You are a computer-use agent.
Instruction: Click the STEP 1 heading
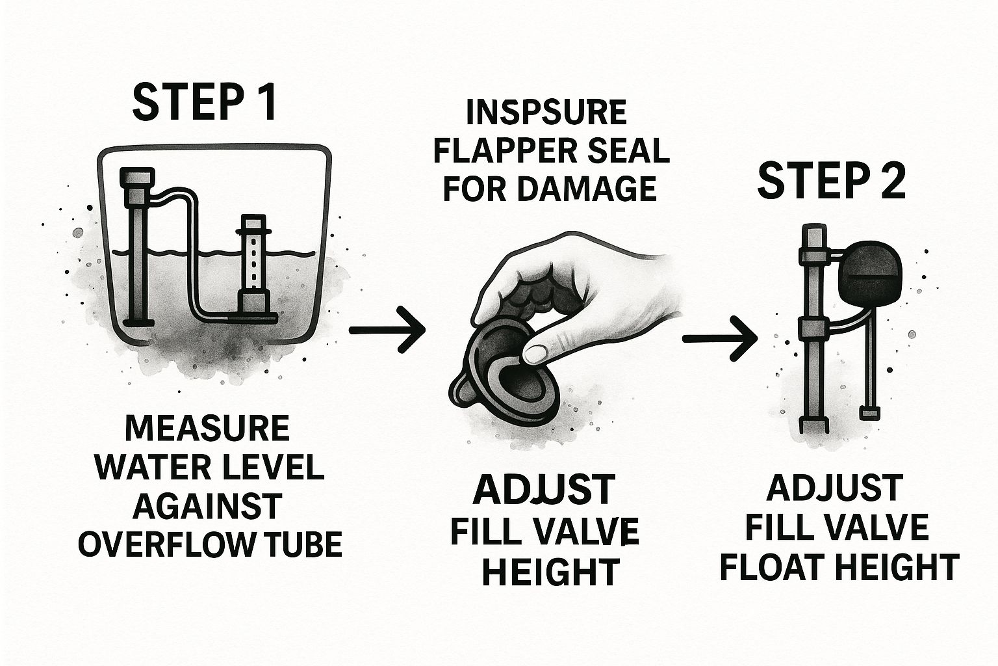point(205,102)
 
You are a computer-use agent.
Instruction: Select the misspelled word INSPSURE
point(546,113)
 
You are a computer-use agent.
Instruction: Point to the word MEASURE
point(208,428)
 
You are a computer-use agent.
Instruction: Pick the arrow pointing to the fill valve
point(719,339)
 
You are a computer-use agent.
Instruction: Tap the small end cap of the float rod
point(871,413)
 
